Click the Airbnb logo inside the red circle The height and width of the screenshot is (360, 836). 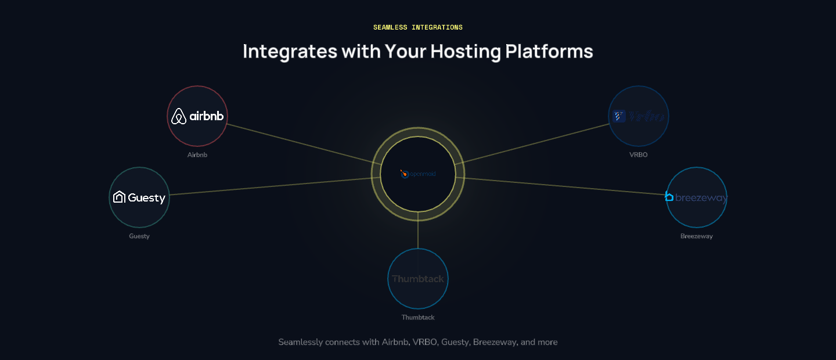point(197,116)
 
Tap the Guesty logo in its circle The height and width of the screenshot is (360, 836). point(139,197)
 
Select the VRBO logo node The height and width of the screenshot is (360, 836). point(639,116)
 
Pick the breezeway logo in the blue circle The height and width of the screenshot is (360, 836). point(696,197)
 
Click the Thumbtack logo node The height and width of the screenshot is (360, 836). point(418,279)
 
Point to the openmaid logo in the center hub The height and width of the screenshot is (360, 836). point(418,174)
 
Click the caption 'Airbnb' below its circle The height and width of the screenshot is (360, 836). point(197,155)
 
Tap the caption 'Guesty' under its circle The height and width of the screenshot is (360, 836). point(139,236)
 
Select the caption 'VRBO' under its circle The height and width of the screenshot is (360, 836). point(639,155)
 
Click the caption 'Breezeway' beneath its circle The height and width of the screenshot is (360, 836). point(697,236)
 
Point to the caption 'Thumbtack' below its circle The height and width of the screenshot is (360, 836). point(418,318)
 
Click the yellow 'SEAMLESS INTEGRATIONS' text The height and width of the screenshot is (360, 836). point(418,27)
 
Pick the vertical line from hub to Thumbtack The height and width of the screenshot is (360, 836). point(418,235)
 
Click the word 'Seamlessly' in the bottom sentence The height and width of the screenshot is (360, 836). point(300,342)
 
